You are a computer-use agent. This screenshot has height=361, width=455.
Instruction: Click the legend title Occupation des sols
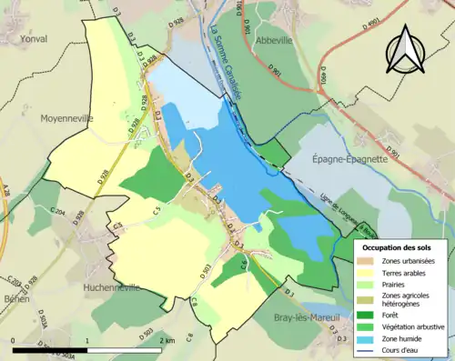[x=398, y=247]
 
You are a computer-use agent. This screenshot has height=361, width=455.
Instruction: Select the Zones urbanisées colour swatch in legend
[x=368, y=262]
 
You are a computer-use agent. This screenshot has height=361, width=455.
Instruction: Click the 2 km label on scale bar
[x=167, y=340]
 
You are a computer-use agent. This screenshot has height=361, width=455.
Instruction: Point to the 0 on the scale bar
[x=15, y=340]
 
